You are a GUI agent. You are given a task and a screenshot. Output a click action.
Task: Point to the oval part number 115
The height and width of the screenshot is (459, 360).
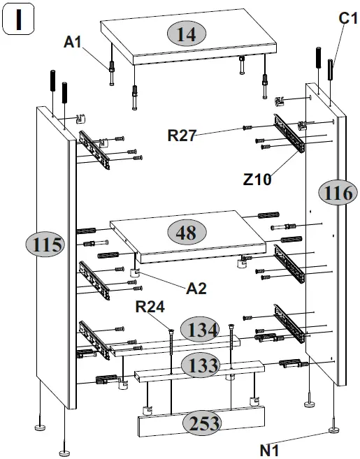[x=45, y=245]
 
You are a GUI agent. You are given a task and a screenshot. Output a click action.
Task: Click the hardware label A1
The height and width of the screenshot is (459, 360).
[x=73, y=43]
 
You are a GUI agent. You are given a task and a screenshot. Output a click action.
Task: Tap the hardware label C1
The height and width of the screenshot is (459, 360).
[x=347, y=19]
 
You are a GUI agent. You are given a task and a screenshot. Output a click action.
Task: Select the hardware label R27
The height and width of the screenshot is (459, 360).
[x=181, y=135]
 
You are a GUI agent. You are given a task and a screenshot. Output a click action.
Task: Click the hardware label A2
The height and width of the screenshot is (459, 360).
[x=196, y=288]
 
